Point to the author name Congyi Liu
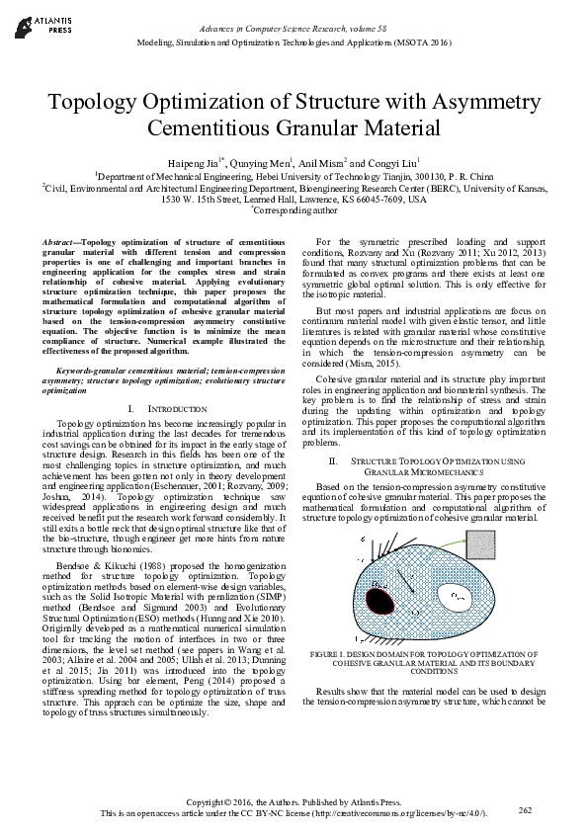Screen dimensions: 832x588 (x=395, y=162)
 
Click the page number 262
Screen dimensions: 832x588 (x=526, y=809)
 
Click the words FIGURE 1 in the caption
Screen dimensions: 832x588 (x=332, y=654)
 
